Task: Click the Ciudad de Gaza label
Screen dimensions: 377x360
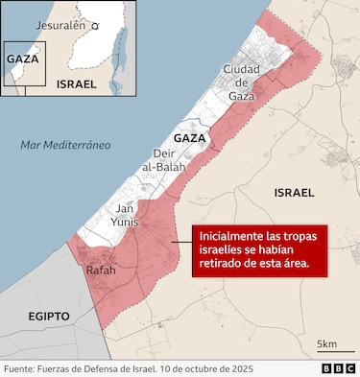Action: (x=242, y=82)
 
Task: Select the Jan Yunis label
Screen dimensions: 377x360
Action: (x=125, y=215)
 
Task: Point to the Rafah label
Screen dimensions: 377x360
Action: (x=101, y=271)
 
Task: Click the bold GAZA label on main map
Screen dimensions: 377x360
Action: (x=190, y=138)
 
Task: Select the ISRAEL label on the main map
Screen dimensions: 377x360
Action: (x=294, y=193)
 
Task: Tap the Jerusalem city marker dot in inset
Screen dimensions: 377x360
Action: (x=95, y=27)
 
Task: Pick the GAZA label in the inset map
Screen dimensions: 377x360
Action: (x=22, y=59)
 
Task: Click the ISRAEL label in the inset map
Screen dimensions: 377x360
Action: (x=76, y=83)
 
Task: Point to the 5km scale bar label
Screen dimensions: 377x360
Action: (x=326, y=344)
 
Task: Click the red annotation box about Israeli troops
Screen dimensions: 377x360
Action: (x=258, y=249)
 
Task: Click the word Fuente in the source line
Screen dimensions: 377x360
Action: (x=22, y=368)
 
